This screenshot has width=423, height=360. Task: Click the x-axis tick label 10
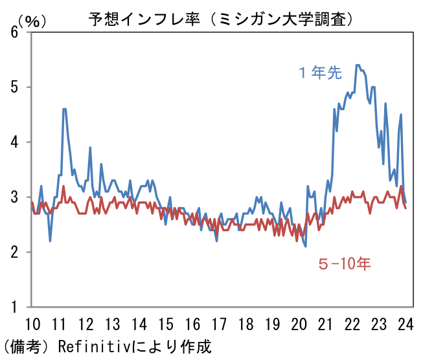coord(32,323)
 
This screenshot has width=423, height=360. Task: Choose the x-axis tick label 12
coord(85,323)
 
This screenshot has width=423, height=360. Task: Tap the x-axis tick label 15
coord(165,323)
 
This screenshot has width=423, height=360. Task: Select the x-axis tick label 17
coord(218,323)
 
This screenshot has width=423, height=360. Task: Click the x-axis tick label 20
coord(299,323)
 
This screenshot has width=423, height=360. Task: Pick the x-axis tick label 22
coord(352,323)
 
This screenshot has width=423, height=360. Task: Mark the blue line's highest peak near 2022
coord(357,65)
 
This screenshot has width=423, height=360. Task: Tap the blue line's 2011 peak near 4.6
coord(64,109)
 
